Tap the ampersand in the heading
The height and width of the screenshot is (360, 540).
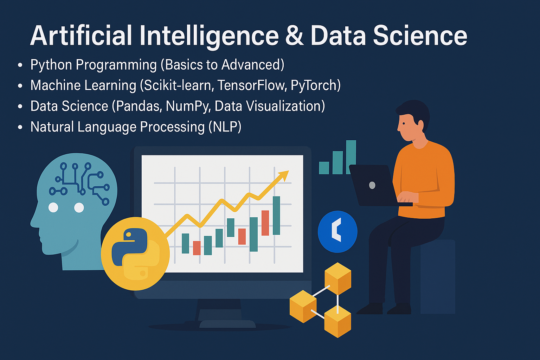295,36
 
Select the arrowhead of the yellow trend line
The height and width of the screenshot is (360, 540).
283,175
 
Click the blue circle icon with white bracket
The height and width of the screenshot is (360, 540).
337,232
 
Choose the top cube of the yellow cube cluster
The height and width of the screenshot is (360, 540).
338,278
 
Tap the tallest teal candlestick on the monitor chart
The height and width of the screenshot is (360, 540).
276,216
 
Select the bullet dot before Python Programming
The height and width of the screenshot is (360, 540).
20,65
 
